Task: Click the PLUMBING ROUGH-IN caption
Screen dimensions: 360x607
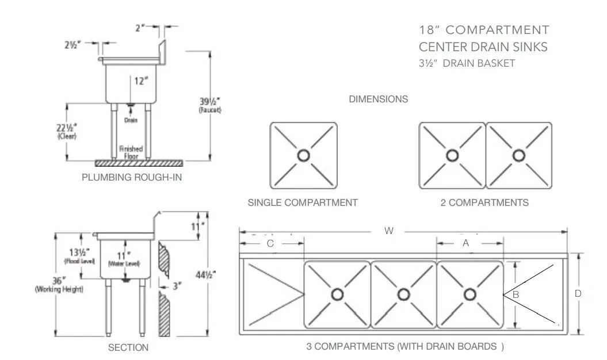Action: pyautogui.click(x=132, y=177)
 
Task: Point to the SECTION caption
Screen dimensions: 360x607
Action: pyautogui.click(x=128, y=347)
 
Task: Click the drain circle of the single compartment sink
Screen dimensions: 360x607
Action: pyautogui.click(x=304, y=155)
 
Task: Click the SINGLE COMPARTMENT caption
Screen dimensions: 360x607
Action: pyautogui.click(x=303, y=202)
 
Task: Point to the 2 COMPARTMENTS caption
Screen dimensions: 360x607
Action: pyautogui.click(x=488, y=202)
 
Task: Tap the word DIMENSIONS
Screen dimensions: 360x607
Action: pyautogui.click(x=379, y=99)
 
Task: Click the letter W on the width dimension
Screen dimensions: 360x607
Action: pyautogui.click(x=390, y=231)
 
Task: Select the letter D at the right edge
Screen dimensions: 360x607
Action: pyautogui.click(x=578, y=293)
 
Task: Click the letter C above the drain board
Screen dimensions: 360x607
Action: pyautogui.click(x=270, y=243)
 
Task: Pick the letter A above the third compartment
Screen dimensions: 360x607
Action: pyautogui.click(x=466, y=243)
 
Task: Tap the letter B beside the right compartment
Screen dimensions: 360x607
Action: pyautogui.click(x=516, y=294)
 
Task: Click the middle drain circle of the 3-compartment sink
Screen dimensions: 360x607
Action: pyautogui.click(x=404, y=294)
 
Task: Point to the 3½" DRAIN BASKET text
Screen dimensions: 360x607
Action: pyautogui.click(x=467, y=64)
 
